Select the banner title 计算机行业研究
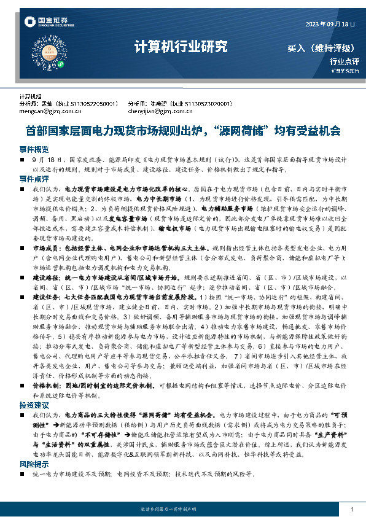coord(181,47)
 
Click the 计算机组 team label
coord(31,97)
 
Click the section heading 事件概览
coord(34,149)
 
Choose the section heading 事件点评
coord(34,179)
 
